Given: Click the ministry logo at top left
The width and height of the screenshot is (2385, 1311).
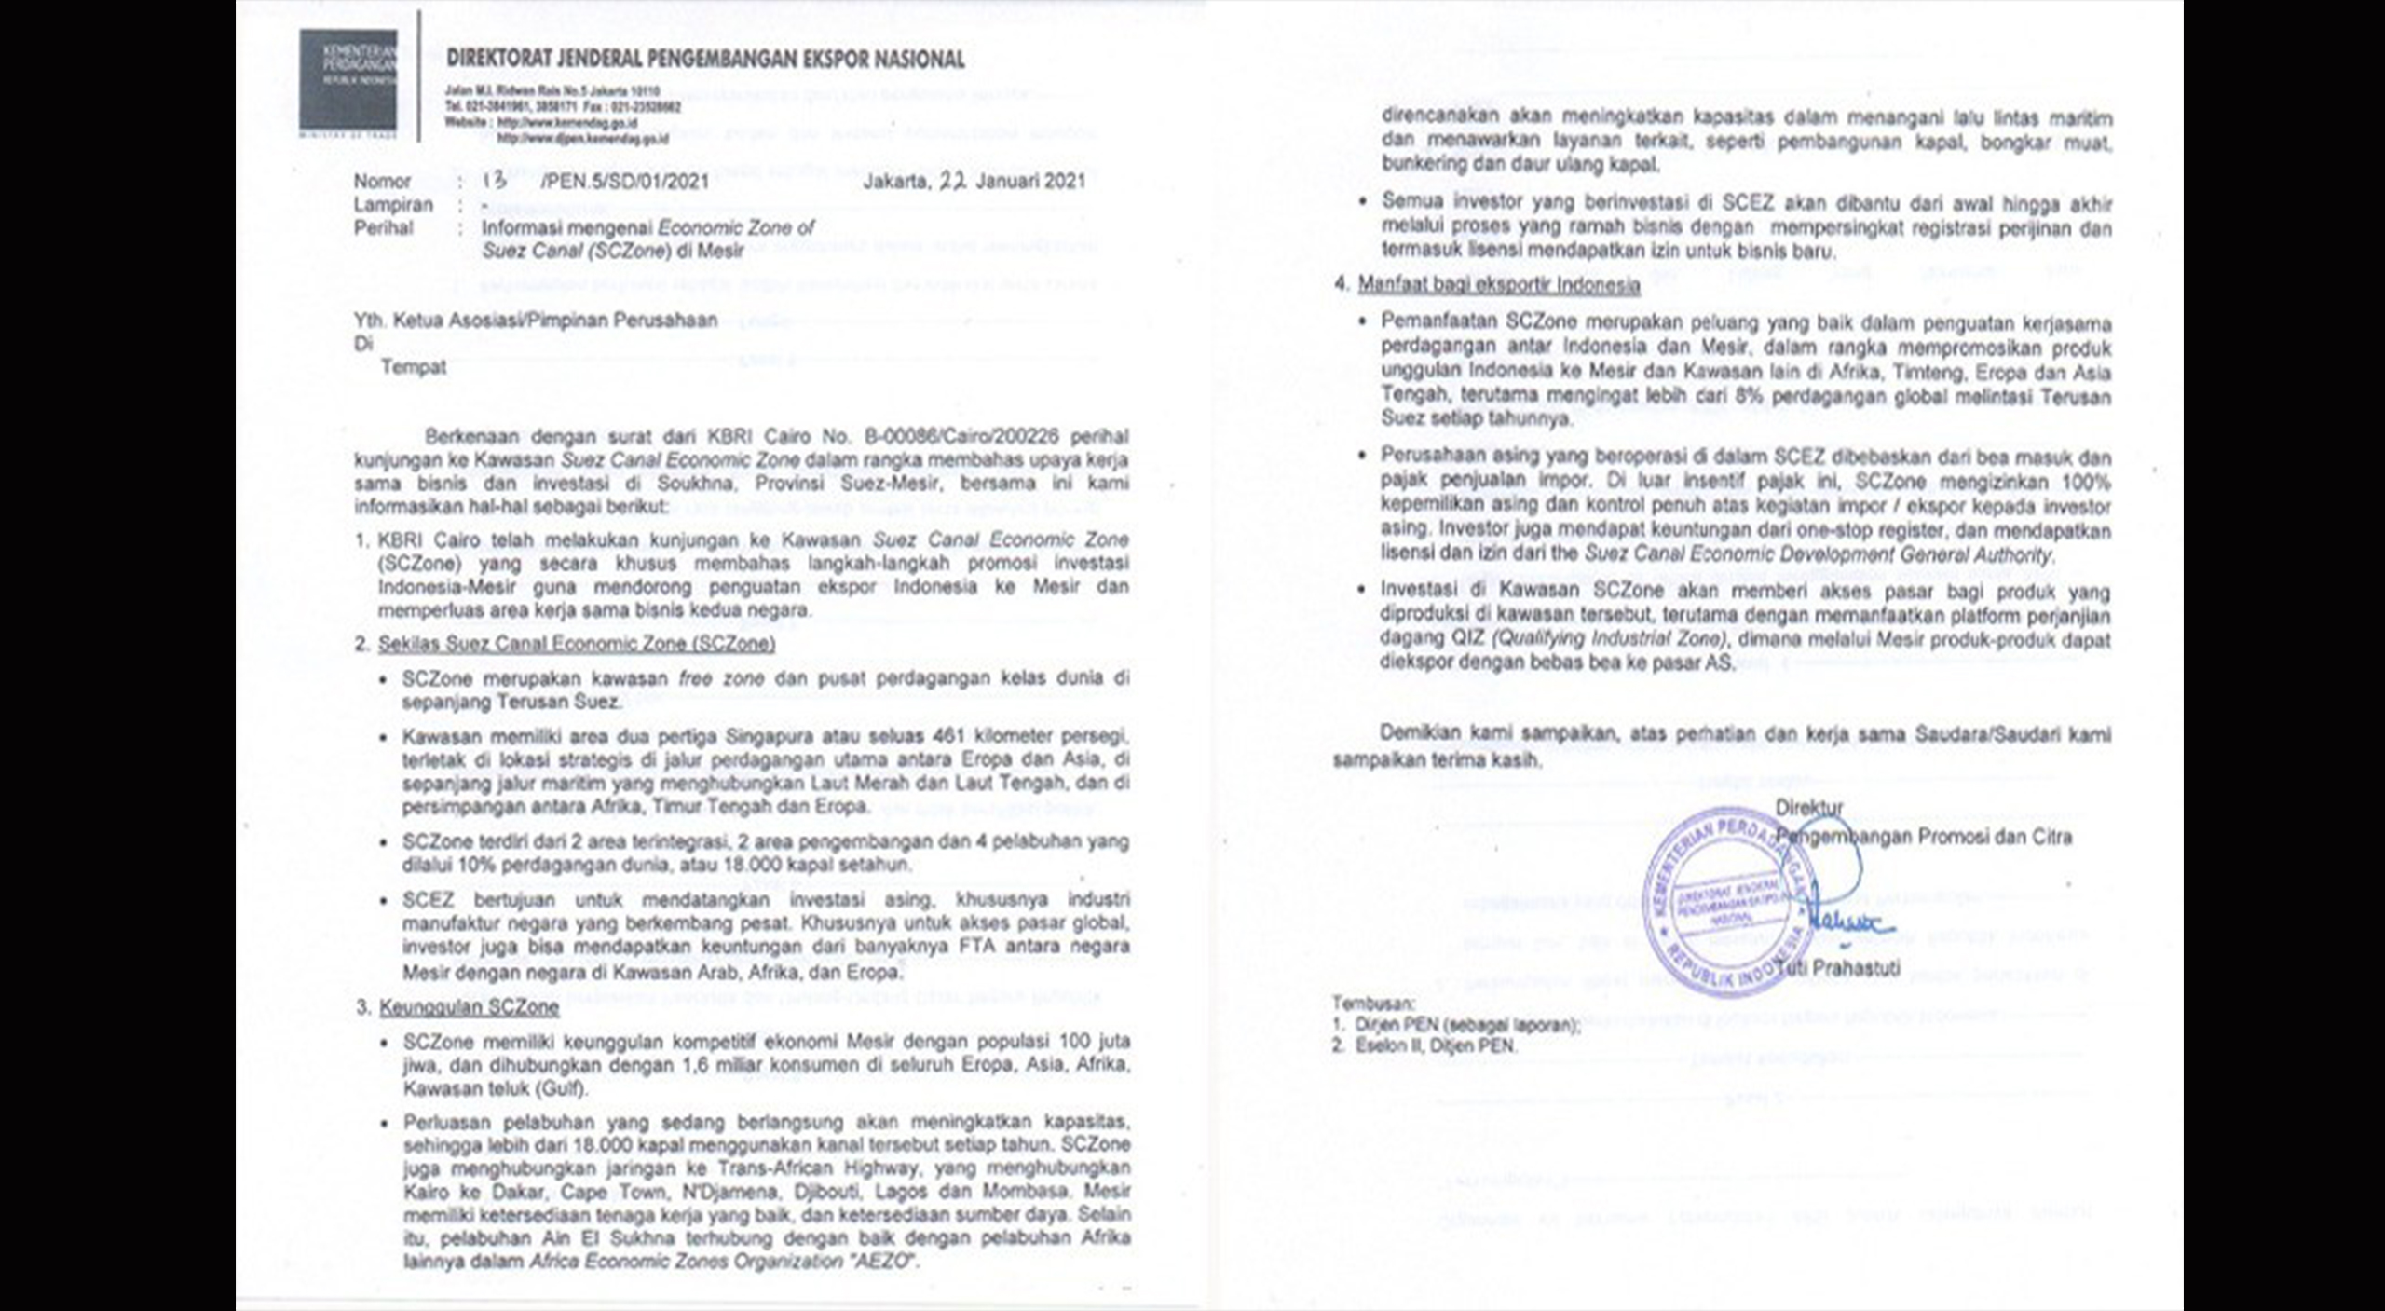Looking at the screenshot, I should pos(348,80).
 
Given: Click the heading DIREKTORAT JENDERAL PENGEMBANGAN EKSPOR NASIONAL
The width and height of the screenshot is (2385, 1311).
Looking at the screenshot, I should pos(705,60).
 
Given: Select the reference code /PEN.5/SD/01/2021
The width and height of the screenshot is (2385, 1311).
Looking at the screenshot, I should pos(623,182).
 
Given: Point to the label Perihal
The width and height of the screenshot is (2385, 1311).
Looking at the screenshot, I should pos(383,227).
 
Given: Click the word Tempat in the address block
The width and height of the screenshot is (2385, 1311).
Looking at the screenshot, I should pos(413,367).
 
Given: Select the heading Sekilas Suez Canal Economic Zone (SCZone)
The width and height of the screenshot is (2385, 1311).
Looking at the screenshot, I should pos(576,644).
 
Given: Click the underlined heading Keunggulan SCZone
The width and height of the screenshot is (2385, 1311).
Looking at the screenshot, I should pos(470,1007).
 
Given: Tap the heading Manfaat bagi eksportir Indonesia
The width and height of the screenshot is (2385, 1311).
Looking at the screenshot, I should pos(1498,285).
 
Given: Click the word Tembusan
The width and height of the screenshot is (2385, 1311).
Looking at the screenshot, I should pos(1373,1004).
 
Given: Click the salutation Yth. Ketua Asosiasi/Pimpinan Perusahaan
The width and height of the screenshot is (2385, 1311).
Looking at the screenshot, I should pos(536,321).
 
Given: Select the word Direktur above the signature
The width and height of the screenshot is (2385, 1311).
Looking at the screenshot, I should pos(1808,807).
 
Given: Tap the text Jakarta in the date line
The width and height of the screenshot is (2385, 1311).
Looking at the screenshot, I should pos(895,182).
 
